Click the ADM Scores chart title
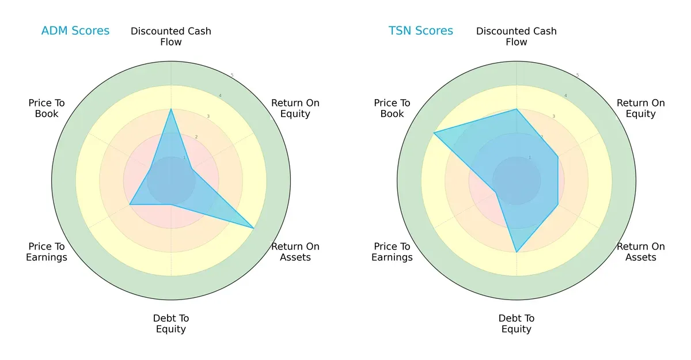coord(75,31)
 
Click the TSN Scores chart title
coord(420,31)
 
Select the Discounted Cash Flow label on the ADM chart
coord(171,36)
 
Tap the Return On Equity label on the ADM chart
coord(295,108)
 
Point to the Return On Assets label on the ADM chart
coord(295,252)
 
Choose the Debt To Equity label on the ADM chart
coord(171,324)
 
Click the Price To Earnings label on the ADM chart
coord(47,252)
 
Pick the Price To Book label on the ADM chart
coord(47,108)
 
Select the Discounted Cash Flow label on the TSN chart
coord(517,36)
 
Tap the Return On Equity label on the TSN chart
coord(641,108)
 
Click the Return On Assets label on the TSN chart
coord(641,252)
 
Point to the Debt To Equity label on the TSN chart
coord(517,324)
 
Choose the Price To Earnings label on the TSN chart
coord(392,252)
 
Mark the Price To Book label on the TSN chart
coord(392,108)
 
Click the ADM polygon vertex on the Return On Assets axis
coord(254,229)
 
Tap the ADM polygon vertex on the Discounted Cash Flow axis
coord(171,109)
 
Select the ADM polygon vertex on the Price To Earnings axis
coord(130,204)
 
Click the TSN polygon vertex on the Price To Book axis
coord(434,133)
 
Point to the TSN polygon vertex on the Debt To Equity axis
coord(517,252)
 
